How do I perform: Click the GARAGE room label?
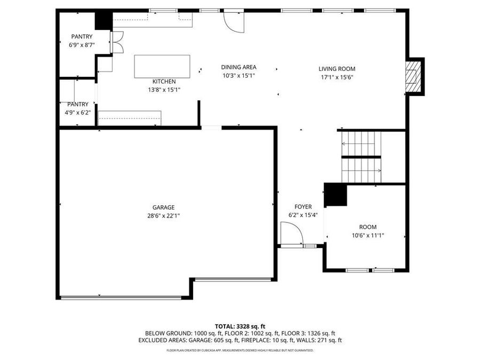click(163, 207)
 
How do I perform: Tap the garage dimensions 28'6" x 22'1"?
click(163, 215)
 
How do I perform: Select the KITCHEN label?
click(164, 82)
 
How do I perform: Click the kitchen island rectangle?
click(162, 66)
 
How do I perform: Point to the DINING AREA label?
click(239, 67)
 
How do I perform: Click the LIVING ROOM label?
click(337, 69)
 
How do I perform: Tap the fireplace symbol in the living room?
click(413, 76)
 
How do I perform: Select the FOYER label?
click(303, 207)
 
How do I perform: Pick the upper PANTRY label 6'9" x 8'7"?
click(82, 37)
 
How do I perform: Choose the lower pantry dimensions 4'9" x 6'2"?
click(78, 112)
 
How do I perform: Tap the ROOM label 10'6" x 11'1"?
click(367, 227)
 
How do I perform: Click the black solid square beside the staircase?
click(335, 195)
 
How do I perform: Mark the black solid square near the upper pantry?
click(102, 21)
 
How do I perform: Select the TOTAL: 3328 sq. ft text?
click(240, 326)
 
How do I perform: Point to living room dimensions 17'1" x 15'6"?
click(337, 77)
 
